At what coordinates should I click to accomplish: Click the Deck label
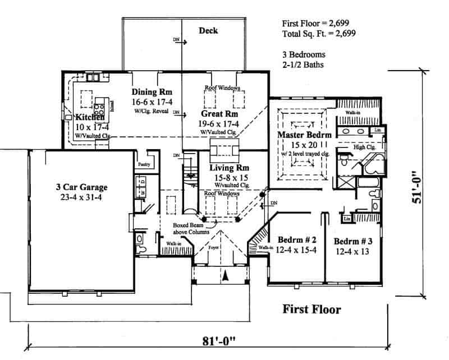click(208, 31)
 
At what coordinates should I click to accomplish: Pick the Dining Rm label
click(152, 92)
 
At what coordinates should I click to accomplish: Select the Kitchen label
click(90, 118)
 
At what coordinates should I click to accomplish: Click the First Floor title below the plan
click(311, 309)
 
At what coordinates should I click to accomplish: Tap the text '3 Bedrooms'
click(304, 55)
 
